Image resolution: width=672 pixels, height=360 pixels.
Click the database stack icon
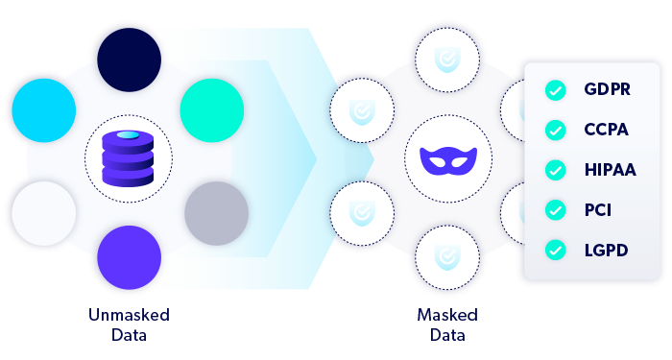(x=129, y=157)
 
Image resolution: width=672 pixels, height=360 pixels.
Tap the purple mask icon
(x=447, y=158)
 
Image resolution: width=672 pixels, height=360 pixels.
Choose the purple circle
(x=129, y=257)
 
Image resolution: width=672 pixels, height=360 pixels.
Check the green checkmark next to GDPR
(x=554, y=90)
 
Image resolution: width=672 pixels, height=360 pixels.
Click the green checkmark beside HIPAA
(x=554, y=170)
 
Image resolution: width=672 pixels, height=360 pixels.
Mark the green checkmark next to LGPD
(x=554, y=250)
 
